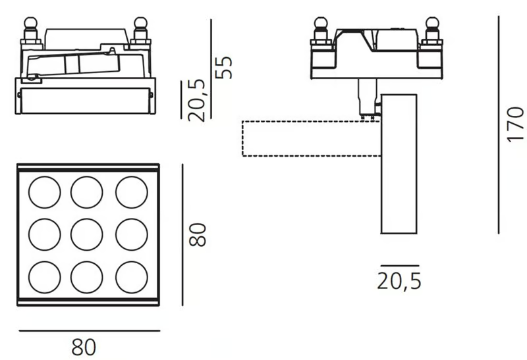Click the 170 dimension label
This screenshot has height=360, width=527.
516,124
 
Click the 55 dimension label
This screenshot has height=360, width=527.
223,68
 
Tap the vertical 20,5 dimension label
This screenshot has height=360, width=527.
196,100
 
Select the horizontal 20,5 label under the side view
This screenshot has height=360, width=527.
399,281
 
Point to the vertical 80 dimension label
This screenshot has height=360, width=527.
197,235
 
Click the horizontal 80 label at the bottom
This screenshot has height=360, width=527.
84,347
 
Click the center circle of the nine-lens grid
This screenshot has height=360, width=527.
87,235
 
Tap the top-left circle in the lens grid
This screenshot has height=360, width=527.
45,192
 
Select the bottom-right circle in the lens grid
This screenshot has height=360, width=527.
132,277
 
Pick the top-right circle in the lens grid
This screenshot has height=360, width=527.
132,192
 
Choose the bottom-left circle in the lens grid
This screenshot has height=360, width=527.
45,277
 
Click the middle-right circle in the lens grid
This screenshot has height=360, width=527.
132,235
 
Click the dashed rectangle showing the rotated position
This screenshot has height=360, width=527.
242,138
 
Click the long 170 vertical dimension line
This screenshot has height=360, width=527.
499,124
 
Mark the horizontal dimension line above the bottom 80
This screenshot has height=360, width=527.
90,331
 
